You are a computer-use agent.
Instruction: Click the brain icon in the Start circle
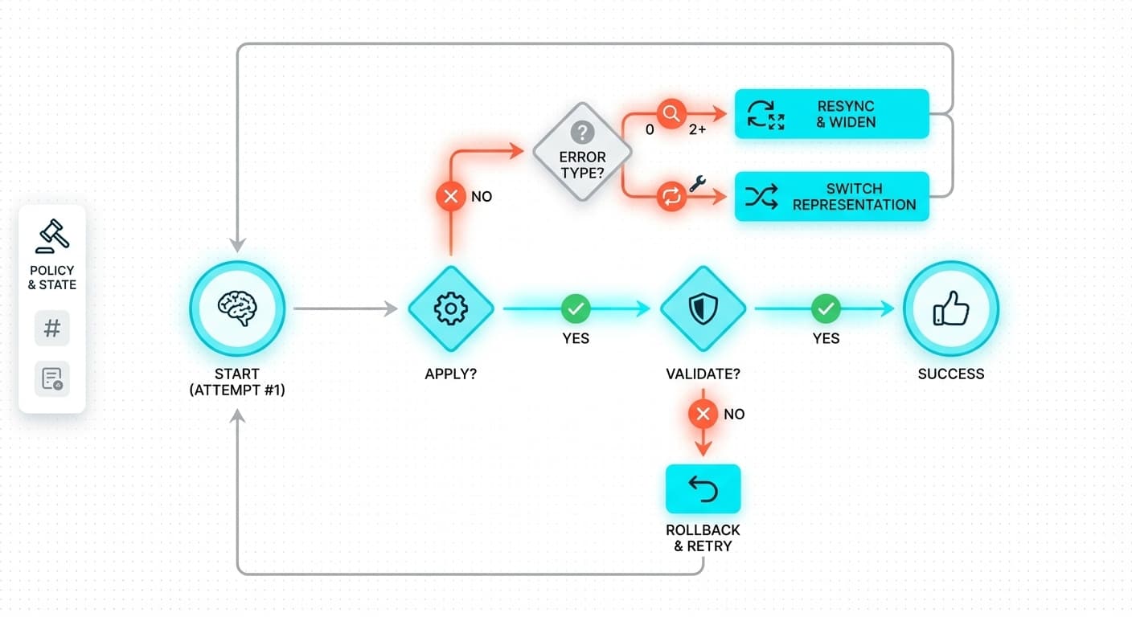coord(237,308)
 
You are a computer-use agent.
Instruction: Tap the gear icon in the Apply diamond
coord(450,308)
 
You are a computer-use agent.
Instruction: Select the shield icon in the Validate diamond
coord(703,308)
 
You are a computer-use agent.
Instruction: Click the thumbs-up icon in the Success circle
coord(951,308)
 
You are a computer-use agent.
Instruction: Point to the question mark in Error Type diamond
coord(582,132)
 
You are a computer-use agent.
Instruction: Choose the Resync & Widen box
coord(832,114)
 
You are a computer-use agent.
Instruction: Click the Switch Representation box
coord(832,197)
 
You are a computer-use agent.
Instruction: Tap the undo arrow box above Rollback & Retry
coord(703,488)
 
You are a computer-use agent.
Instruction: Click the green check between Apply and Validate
coord(576,308)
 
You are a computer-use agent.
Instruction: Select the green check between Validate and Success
coord(826,308)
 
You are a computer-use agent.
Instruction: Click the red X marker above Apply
coord(451,196)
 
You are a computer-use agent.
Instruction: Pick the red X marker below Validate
coord(703,414)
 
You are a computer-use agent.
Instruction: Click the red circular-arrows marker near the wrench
coord(671,197)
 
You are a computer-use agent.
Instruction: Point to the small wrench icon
coord(697,183)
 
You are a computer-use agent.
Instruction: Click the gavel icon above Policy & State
coord(52,236)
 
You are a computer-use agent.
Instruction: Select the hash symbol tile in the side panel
coord(52,329)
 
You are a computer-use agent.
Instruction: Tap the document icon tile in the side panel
coord(52,378)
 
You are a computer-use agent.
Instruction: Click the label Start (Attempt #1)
coord(237,382)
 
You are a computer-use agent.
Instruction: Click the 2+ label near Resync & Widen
coord(697,129)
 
